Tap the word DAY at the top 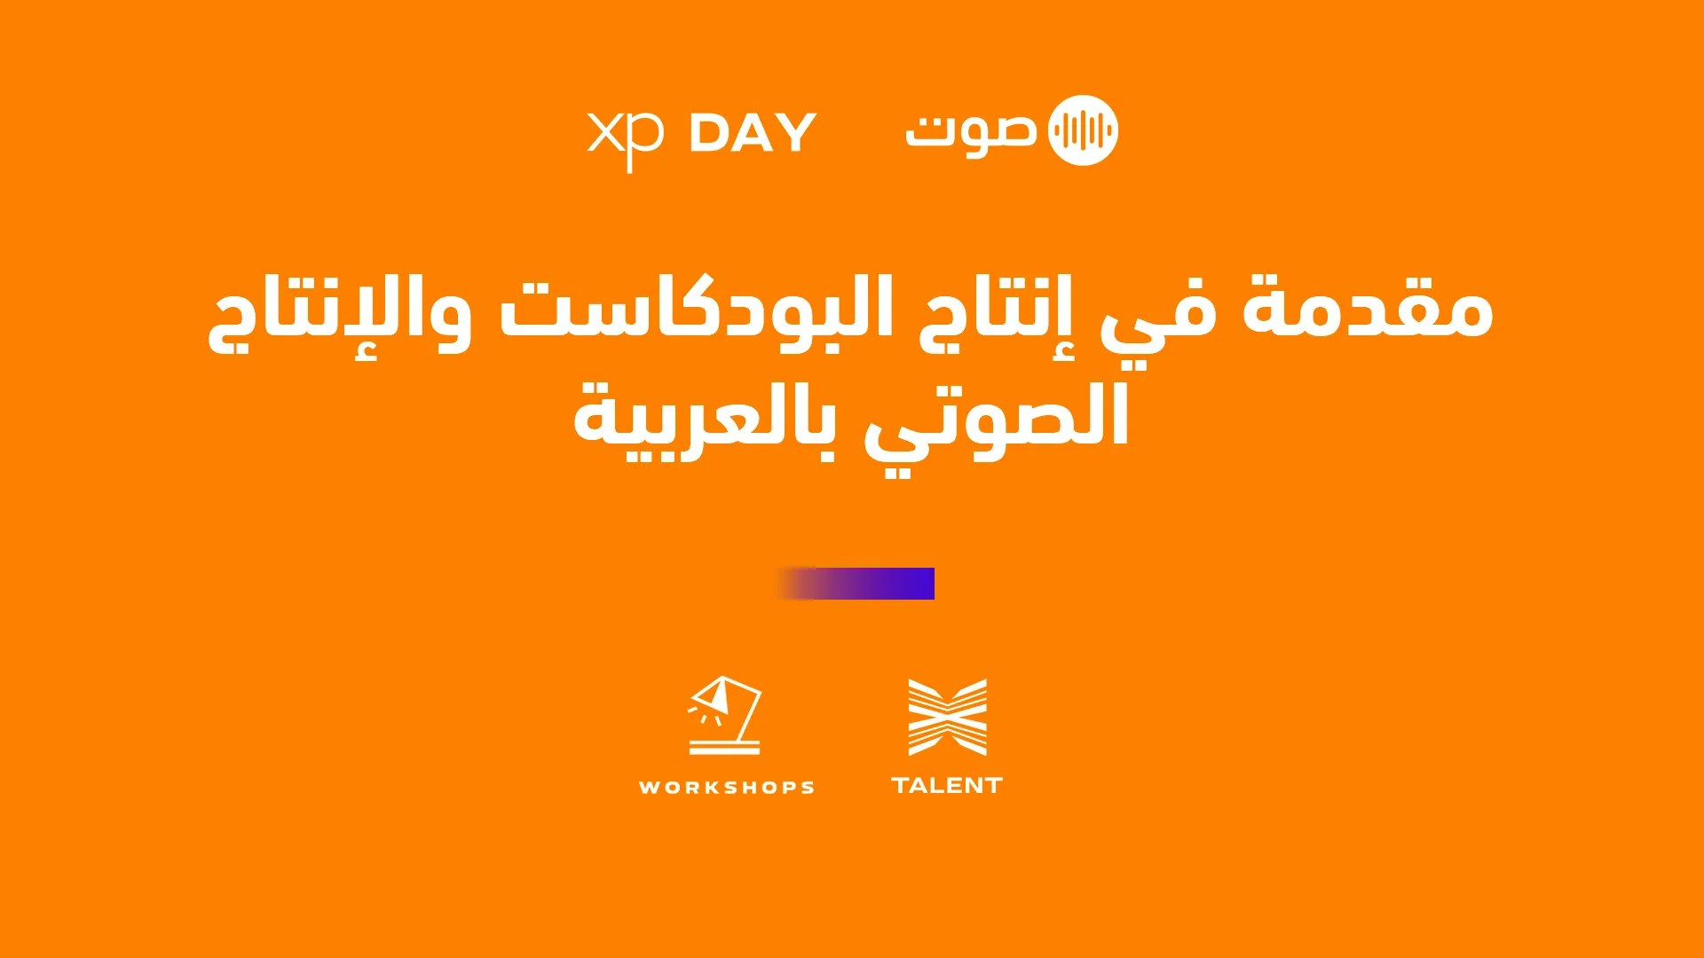pos(753,134)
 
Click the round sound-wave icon pos(1083,130)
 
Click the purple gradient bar pos(856,584)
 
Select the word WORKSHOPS pos(726,787)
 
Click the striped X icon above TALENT pos(947,717)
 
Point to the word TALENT pos(947,785)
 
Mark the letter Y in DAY pos(796,134)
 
